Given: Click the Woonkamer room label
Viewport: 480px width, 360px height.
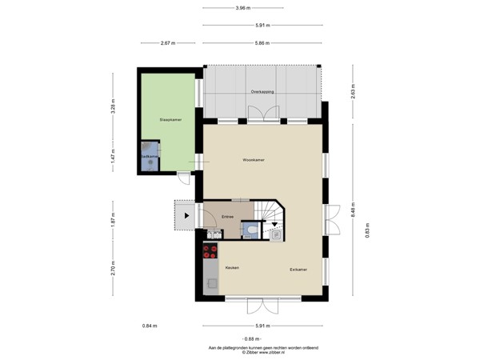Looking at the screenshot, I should point(254,160).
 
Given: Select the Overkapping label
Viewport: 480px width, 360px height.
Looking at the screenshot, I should point(262,92).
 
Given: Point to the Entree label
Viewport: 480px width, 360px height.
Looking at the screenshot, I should point(227,215).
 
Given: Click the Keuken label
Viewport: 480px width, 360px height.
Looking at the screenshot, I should point(232,267).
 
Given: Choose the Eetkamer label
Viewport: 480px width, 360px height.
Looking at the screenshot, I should point(299,270).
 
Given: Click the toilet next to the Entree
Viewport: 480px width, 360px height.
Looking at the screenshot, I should point(250,230).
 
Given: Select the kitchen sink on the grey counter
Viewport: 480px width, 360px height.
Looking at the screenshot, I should point(211,282).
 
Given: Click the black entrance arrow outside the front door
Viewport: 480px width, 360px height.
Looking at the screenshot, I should point(187,215).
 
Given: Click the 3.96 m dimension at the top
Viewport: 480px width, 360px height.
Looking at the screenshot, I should point(242,9).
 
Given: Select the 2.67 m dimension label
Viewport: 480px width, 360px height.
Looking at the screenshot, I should point(168,42).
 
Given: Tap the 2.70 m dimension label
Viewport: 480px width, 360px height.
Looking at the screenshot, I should point(114,267).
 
